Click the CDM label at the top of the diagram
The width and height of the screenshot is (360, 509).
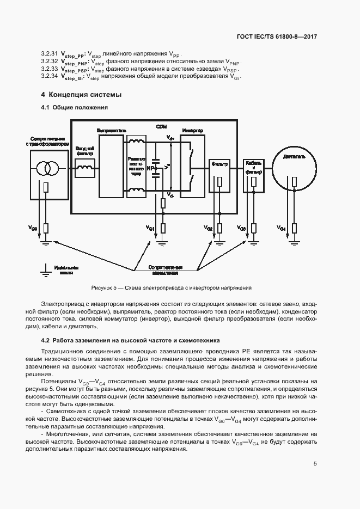pos(161,126)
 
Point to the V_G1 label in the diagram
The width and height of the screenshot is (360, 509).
pos(151,228)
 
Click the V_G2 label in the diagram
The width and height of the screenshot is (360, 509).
pos(209,228)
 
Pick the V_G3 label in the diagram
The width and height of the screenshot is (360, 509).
pos(242,228)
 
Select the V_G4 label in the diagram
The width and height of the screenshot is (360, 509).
pos(281,228)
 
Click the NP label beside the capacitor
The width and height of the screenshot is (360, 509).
pos(149,169)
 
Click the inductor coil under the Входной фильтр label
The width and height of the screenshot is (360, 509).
pos(84,169)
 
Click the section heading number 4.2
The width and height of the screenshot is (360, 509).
pos(46,339)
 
